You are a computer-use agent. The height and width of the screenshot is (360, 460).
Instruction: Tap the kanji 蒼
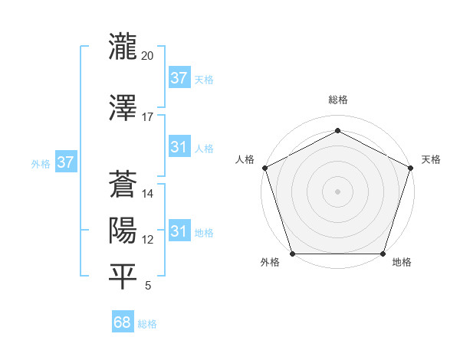pos(122,184)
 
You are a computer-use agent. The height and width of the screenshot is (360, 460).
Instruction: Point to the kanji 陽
pos(122,230)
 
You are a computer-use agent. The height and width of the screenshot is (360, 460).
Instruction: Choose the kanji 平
pos(122,277)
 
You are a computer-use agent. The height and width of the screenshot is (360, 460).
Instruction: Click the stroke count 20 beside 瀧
pos(148,57)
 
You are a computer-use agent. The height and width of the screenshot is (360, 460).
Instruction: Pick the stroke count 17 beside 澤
pos(148,117)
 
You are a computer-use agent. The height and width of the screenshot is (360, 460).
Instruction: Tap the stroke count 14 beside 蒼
pos(148,194)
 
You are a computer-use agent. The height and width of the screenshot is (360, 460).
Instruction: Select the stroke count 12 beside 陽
pos(148,240)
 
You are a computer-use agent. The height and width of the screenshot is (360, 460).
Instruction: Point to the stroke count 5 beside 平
pos(147,286)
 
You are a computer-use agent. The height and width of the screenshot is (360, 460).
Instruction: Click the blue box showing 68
pos(123,323)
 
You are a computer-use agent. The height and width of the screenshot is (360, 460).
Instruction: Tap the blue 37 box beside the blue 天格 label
pos(179,78)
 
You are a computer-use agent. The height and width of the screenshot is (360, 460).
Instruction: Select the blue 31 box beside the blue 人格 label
pos(179,148)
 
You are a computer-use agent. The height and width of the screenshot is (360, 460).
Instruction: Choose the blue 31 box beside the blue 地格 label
pos(179,232)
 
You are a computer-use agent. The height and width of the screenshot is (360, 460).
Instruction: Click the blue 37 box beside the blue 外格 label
pos(65,162)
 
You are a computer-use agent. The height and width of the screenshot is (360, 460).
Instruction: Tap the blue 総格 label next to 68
pos(148,324)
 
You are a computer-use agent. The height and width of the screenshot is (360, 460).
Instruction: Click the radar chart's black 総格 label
pos(337,100)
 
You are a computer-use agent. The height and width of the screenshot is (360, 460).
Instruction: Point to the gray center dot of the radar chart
pos(337,191)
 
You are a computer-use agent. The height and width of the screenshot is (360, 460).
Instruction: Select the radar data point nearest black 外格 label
pos(292,254)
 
